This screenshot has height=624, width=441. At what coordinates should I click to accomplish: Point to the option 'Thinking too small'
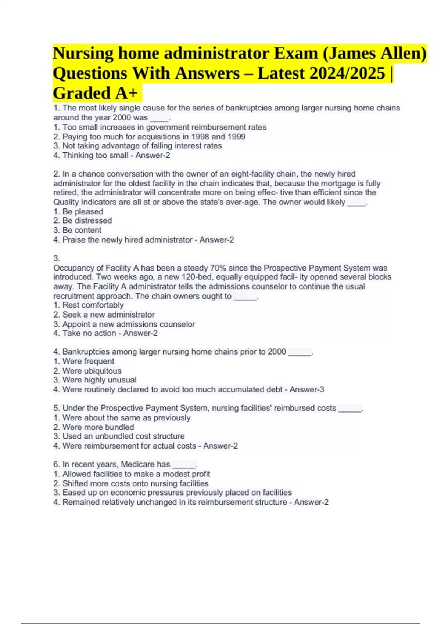click(x=95, y=155)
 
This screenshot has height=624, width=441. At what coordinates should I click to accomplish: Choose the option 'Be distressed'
click(x=87, y=221)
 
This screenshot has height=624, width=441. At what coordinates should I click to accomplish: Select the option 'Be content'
click(x=82, y=230)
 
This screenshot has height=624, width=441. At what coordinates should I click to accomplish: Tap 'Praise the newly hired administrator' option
click(x=127, y=240)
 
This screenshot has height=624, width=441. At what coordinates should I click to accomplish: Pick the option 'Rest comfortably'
click(x=93, y=305)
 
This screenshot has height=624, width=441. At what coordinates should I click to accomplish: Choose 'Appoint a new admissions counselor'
click(x=129, y=324)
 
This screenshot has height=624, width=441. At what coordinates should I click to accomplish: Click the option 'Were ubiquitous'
click(x=92, y=371)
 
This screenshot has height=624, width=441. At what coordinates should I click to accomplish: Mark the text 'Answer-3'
click(x=307, y=389)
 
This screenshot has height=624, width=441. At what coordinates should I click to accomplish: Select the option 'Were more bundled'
click(x=98, y=427)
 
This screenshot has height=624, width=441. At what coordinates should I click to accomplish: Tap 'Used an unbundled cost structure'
click(x=123, y=436)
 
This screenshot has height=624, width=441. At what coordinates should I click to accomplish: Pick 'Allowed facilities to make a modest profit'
click(x=136, y=474)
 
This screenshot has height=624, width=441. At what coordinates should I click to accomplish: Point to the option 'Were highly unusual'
click(x=99, y=380)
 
